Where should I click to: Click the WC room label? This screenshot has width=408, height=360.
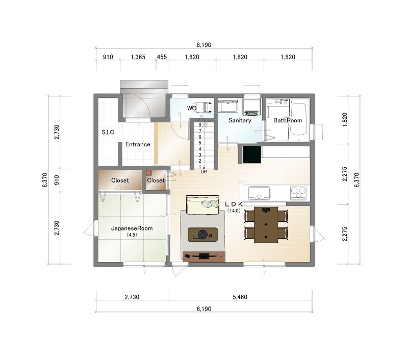192,108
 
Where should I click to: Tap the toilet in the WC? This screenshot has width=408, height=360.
203,107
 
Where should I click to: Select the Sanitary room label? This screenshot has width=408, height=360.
240,120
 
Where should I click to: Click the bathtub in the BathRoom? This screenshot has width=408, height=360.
298,119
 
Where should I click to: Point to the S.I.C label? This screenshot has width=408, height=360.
108,132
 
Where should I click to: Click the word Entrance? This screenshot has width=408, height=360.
138,144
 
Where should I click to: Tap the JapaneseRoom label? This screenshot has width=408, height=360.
132,228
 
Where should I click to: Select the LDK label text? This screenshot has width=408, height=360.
234,204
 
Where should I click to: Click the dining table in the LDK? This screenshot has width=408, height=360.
266,225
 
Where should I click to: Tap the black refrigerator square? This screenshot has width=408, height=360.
251,155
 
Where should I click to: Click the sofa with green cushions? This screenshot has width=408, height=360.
202,204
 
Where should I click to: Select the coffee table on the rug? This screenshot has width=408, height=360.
202,235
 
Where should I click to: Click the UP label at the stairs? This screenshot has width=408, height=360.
203,172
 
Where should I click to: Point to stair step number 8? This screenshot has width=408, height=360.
200,125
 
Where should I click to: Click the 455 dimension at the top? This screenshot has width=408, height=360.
162,57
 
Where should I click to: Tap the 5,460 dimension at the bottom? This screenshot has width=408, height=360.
240,297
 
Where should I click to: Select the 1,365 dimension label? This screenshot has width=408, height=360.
138,57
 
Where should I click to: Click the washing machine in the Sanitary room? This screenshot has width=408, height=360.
251,107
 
